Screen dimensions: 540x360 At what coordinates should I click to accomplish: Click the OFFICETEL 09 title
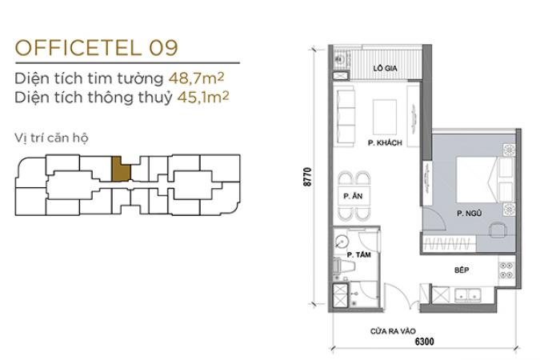97,47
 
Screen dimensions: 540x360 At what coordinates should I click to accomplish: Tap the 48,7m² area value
196,78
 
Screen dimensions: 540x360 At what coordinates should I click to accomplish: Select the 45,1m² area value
203,97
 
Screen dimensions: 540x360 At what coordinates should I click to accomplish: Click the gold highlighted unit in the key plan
121,169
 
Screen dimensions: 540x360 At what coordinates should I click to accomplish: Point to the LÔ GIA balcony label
385,68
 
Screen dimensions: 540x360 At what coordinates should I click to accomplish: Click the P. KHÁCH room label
385,142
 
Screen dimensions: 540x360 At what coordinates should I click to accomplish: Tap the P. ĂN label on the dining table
353,196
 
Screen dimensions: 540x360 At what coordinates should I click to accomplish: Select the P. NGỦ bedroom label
469,214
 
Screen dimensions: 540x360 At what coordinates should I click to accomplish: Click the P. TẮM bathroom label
359,254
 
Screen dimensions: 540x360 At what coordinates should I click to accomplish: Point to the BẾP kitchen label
462,270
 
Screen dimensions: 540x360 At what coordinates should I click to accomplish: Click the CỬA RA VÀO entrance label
393,331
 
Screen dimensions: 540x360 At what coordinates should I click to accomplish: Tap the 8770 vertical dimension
307,177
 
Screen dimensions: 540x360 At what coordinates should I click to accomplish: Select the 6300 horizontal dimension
424,341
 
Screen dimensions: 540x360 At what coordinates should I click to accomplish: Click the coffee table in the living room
385,117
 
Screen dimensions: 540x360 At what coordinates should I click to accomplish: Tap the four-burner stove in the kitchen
506,270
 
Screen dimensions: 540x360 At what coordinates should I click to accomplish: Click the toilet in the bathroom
343,266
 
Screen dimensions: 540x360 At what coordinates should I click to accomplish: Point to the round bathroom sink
341,242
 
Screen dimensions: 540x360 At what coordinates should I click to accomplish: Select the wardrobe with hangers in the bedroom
448,243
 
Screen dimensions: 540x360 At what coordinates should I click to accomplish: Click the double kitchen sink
468,295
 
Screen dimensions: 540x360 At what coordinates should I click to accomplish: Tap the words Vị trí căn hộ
51,138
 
